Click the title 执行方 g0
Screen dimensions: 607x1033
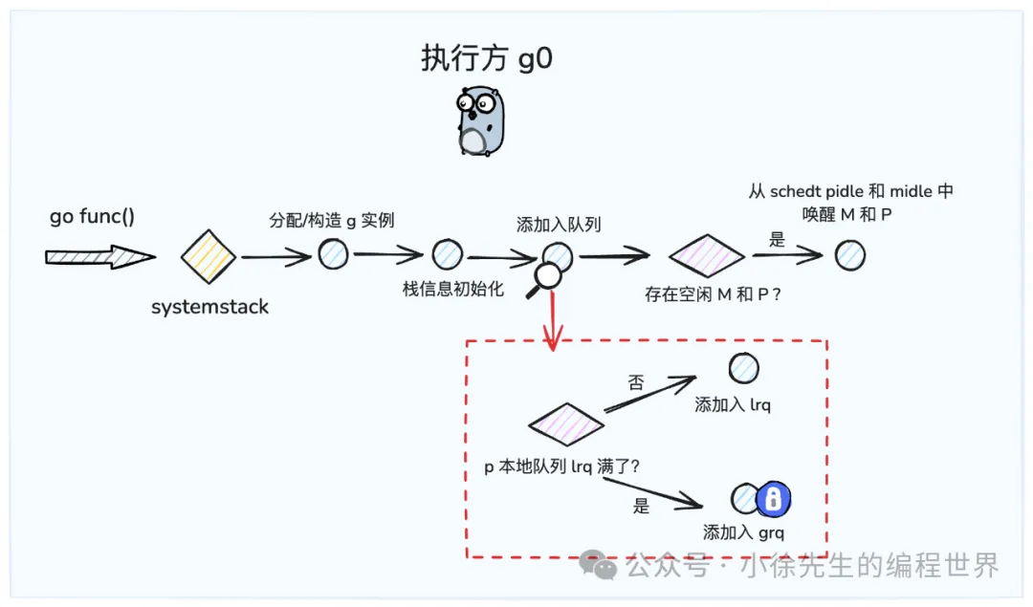coord(487,59)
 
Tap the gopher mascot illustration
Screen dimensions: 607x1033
coord(480,120)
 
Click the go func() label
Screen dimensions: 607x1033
coord(92,217)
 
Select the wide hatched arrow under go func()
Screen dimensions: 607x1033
coord(99,256)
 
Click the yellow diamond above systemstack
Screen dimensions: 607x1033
coord(209,256)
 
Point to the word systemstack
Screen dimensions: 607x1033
coord(209,307)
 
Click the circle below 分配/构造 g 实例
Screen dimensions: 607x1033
coord(333,254)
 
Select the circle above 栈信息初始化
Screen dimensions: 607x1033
coord(448,255)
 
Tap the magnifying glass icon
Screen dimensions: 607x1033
coord(546,279)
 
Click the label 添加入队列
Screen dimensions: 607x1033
coord(552,226)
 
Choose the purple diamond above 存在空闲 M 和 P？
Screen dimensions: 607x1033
coord(706,255)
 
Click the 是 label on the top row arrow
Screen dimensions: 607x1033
coord(777,240)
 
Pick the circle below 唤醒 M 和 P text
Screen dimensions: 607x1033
coord(850,255)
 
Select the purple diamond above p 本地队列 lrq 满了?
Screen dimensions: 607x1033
coord(566,424)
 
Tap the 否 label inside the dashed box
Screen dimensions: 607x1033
coord(636,383)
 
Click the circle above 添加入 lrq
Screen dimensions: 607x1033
coord(743,369)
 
